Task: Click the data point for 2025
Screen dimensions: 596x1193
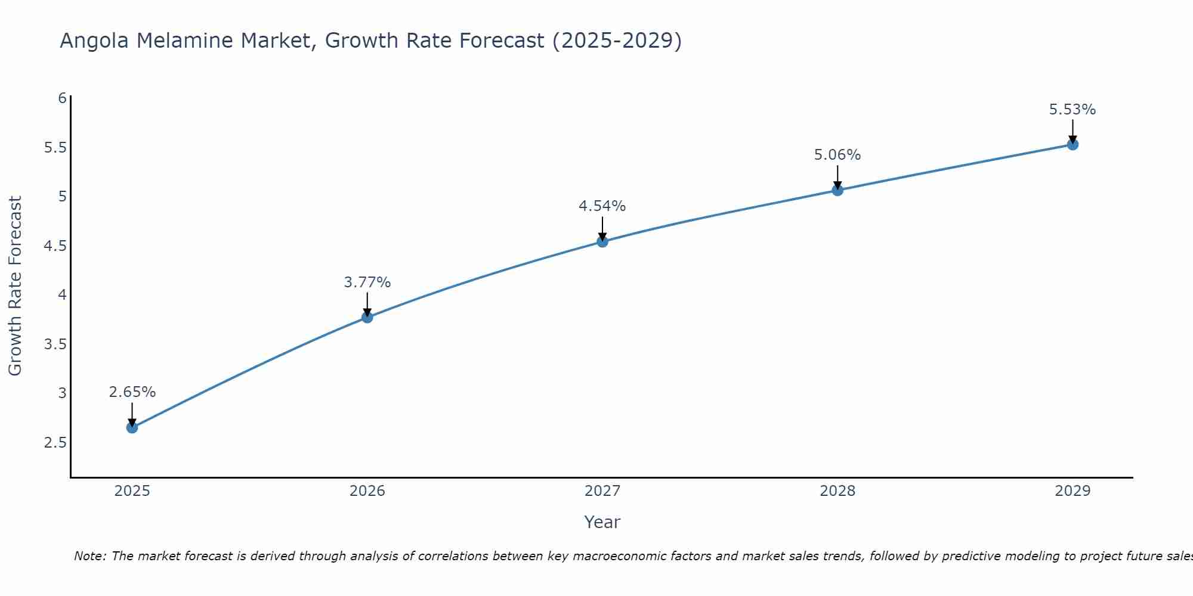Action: click(x=132, y=427)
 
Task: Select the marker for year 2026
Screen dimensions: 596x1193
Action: click(x=367, y=317)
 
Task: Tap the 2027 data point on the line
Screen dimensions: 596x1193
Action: click(x=602, y=241)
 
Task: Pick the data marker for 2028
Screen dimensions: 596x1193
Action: click(x=837, y=190)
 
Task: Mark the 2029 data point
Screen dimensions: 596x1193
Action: click(x=1073, y=144)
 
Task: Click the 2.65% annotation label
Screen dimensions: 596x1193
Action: click(x=132, y=392)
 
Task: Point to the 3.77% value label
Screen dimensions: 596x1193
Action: click(x=367, y=283)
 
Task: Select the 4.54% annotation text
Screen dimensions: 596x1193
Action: click(x=602, y=206)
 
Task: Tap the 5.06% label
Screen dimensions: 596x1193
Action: click(x=837, y=155)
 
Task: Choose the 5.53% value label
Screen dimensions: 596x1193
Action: click(x=1073, y=110)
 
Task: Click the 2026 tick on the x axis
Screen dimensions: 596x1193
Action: click(x=367, y=491)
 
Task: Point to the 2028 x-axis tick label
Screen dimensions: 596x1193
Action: click(x=837, y=491)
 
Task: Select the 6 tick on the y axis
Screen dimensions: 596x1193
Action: click(x=62, y=98)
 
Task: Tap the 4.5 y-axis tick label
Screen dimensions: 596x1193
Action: click(x=55, y=246)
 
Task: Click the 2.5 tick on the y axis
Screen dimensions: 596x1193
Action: click(x=55, y=443)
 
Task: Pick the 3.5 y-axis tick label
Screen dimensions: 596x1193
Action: click(x=55, y=344)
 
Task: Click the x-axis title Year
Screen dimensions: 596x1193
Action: click(x=602, y=522)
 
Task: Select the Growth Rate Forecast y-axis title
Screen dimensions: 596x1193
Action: click(x=15, y=286)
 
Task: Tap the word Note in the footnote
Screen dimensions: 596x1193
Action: click(x=89, y=556)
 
